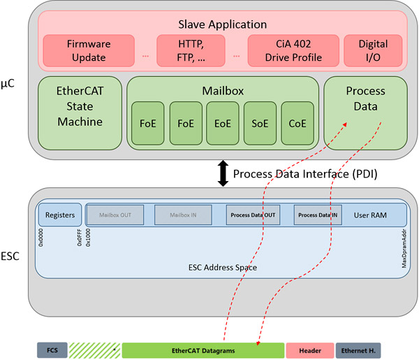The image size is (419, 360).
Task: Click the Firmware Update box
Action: (x=89, y=50)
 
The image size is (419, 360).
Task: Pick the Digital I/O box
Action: (x=372, y=50)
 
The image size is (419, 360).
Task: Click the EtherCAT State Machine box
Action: (x=80, y=112)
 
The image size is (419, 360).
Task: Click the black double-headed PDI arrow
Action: (x=223, y=173)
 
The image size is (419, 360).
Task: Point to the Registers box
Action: (x=60, y=215)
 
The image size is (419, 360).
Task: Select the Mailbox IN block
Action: (x=182, y=215)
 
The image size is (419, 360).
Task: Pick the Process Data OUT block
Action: (x=253, y=215)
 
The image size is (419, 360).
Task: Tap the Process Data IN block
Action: (x=318, y=215)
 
